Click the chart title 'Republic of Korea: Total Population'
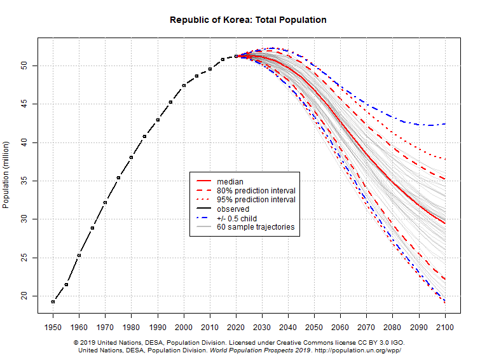(248, 20)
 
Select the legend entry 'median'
(230, 182)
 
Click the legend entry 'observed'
(233, 209)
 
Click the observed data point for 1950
(53, 301)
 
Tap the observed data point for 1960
(79, 255)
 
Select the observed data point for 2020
(236, 56)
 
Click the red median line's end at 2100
(445, 223)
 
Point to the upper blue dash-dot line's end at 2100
(445, 123)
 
